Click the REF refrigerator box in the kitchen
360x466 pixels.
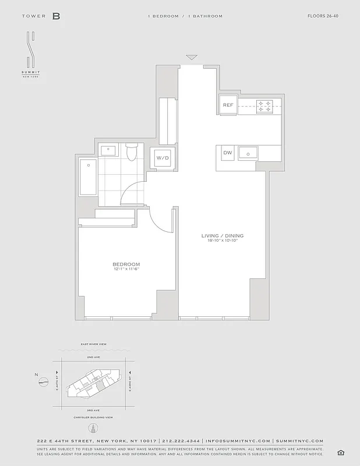(228, 105)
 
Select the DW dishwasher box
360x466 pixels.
(228, 153)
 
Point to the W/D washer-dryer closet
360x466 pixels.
(161, 158)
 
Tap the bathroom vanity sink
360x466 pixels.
(108, 150)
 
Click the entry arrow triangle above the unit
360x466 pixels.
(192, 58)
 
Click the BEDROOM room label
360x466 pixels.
(126, 264)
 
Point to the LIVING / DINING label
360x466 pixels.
(222, 236)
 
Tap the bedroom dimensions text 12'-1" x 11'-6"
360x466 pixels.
(126, 269)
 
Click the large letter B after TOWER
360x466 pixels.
(56, 16)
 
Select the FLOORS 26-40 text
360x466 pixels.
(323, 16)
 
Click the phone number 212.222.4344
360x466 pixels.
(182, 441)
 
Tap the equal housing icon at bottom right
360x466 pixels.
(341, 453)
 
